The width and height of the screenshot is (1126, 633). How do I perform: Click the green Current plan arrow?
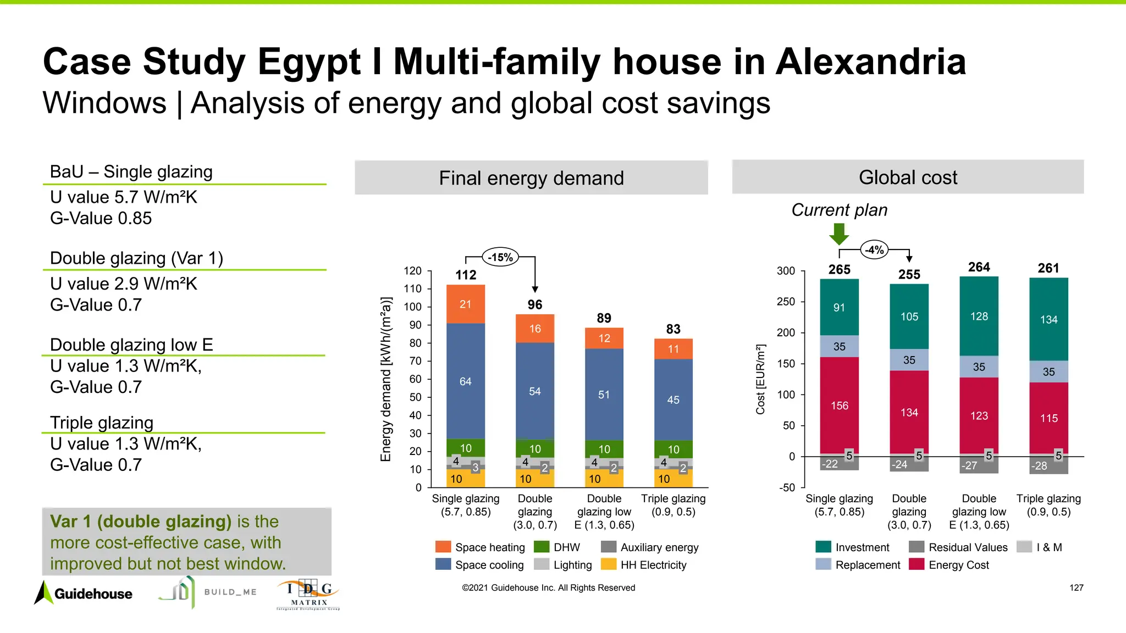coord(839,234)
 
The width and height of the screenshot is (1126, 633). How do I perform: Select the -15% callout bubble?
coord(500,257)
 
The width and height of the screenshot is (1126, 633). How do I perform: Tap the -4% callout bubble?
coord(874,250)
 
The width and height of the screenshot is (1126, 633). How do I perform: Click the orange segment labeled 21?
coord(465,304)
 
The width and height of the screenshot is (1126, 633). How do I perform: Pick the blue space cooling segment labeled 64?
coord(465,381)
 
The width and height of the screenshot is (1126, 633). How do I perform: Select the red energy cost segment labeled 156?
coord(839,406)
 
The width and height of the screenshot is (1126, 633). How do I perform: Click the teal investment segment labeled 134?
coord(1048,319)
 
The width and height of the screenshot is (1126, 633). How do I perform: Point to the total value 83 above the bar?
coord(673,329)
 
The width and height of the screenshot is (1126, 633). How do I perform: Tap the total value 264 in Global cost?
coord(979,267)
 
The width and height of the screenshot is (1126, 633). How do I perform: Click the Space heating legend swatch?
coord(443,547)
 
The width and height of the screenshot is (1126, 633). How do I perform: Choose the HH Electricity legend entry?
coord(653,565)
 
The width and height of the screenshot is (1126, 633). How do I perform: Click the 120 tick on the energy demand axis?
coord(412,271)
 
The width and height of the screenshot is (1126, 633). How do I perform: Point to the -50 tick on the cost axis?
coord(787,487)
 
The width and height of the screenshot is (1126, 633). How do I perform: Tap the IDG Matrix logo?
coord(308,595)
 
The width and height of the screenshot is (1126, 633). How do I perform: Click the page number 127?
coord(1076,588)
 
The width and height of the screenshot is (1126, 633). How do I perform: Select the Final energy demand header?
coord(531,178)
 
